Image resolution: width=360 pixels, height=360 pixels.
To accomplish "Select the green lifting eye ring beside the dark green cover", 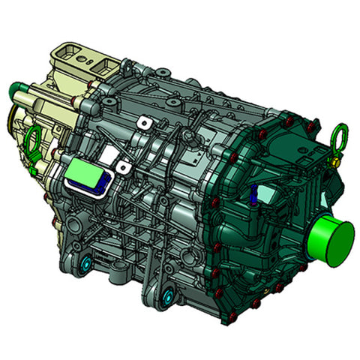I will pyautogui.click(x=338, y=136).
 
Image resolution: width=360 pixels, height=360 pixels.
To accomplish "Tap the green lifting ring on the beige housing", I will pyautogui.click(x=32, y=140).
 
